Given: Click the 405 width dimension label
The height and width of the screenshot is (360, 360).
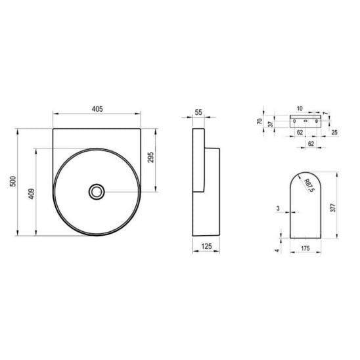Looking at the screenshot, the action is [x=97, y=109].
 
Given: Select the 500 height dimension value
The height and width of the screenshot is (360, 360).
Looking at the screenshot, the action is [x=13, y=181].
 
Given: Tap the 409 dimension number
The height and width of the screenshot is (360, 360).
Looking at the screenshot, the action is [x=32, y=194].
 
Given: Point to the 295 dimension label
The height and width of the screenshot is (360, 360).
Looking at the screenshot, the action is [x=150, y=158].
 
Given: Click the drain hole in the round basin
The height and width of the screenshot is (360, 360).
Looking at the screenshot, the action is [x=97, y=192].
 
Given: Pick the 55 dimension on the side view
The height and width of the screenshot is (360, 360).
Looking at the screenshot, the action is [x=198, y=112].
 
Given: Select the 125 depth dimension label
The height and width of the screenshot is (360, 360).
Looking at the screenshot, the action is [x=206, y=246].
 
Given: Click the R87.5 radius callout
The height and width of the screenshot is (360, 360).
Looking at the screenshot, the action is [x=309, y=186].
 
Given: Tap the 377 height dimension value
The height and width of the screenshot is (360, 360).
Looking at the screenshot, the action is [x=333, y=208].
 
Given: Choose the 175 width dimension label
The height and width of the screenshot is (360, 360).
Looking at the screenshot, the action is [x=305, y=248].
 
